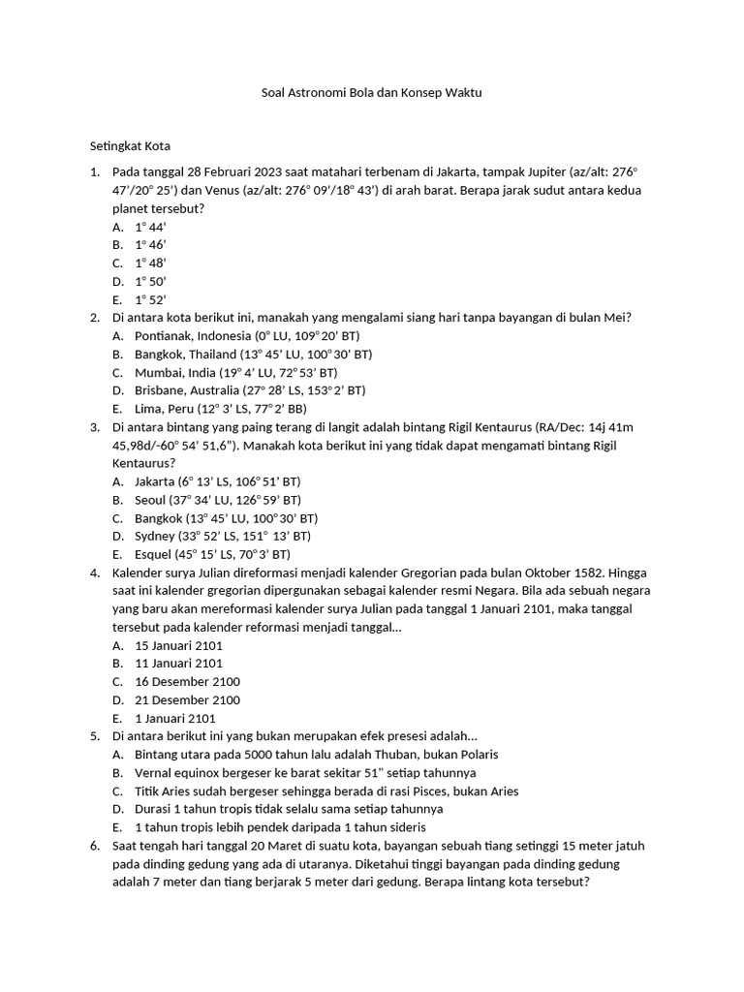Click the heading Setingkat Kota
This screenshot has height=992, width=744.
pos(130,146)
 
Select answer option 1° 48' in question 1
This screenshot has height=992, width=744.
pos(151,263)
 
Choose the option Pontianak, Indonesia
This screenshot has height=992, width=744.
pos(193,335)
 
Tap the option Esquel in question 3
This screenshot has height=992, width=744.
pos(156,554)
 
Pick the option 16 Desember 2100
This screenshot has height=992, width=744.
pos(187,682)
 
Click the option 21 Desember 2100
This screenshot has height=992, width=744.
pos(187,700)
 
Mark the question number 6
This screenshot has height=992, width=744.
pos(96,846)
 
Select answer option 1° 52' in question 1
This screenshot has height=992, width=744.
pos(151,299)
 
